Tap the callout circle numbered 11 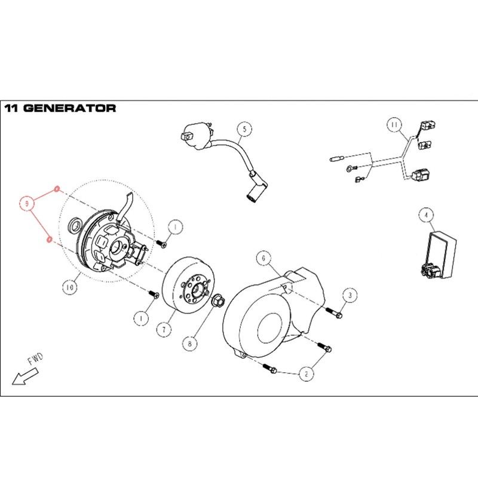394,125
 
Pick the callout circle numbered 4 425,214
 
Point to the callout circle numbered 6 263,258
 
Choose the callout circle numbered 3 350,295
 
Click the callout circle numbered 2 306,375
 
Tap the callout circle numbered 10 70,287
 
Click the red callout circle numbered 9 27,204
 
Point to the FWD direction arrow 24,378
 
